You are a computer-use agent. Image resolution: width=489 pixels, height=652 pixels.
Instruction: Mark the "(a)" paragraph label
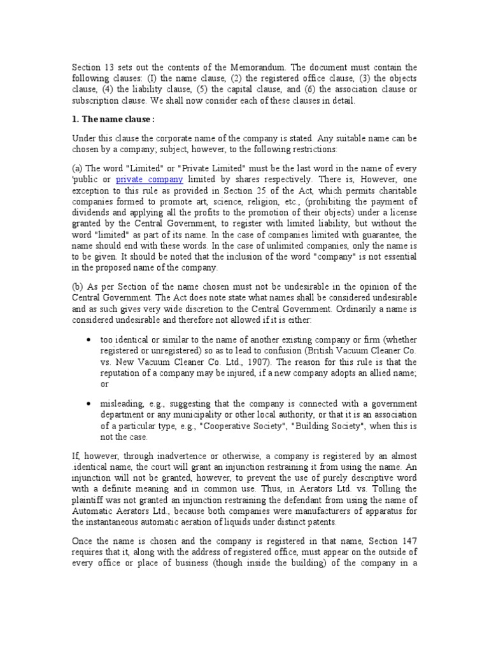click(x=76, y=168)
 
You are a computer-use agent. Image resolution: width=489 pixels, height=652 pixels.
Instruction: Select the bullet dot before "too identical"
click(x=88, y=340)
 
